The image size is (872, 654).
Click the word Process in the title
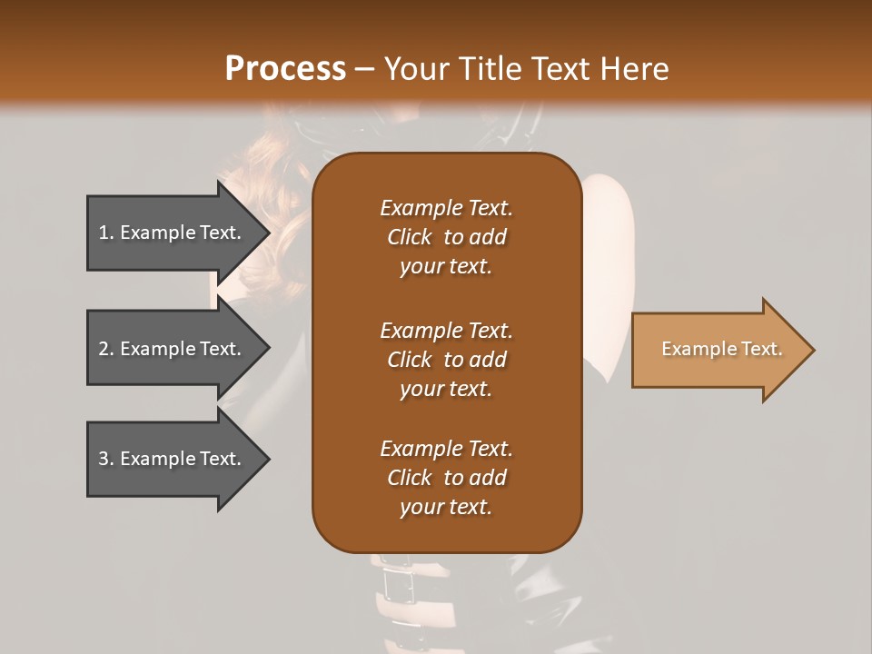click(x=285, y=69)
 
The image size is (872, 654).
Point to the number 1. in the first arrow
click(x=106, y=233)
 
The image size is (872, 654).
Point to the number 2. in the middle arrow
click(x=106, y=349)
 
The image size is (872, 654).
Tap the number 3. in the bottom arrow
click(x=106, y=459)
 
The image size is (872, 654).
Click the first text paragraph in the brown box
click(x=446, y=237)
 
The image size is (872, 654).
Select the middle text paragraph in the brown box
click(x=446, y=360)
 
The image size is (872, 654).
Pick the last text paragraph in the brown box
click(x=446, y=478)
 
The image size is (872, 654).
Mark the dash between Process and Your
click(x=365, y=69)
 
